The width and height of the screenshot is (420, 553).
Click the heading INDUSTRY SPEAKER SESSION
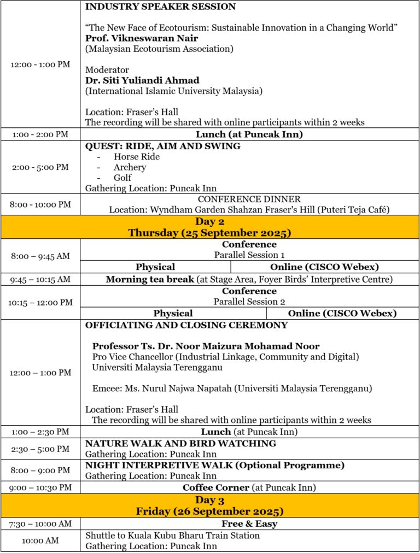tap(160, 7)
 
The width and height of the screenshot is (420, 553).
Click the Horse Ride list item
tap(137, 157)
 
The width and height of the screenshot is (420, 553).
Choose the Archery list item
tap(130, 167)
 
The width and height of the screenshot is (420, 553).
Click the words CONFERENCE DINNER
tap(249, 199)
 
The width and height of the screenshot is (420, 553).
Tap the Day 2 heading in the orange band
tap(209, 222)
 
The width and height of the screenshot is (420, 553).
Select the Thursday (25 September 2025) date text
tap(209, 233)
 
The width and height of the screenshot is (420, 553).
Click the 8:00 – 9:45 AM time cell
tap(40, 255)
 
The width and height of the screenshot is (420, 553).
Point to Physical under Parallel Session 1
tap(155, 267)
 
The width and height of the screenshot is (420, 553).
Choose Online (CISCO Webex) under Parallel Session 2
tap(342, 313)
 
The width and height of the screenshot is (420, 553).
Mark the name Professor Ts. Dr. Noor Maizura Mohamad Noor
tap(206, 346)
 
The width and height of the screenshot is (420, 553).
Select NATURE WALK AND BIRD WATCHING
tap(180, 444)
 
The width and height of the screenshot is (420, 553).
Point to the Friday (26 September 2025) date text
tap(209, 511)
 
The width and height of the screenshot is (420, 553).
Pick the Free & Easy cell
tap(249, 524)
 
